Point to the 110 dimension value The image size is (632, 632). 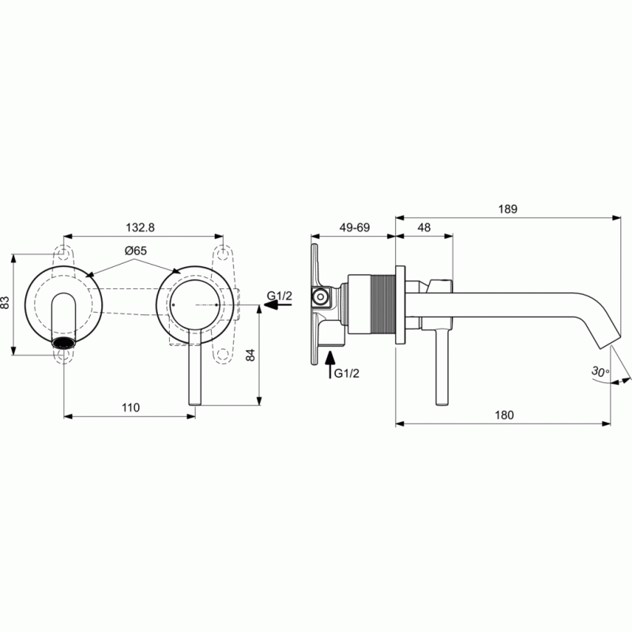pyautogui.click(x=130, y=408)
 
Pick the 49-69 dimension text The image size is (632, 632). pyautogui.click(x=354, y=227)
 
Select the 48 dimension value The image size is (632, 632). pyautogui.click(x=423, y=227)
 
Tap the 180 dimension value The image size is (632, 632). pyautogui.click(x=505, y=416)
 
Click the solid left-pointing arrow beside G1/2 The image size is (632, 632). pyautogui.click(x=273, y=308)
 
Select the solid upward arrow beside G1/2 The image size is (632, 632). pyautogui.click(x=330, y=366)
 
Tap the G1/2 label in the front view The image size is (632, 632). pyautogui.click(x=280, y=296)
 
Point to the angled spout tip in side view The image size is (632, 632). pyautogui.click(x=613, y=339)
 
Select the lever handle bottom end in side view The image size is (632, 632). pyautogui.click(x=437, y=403)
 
